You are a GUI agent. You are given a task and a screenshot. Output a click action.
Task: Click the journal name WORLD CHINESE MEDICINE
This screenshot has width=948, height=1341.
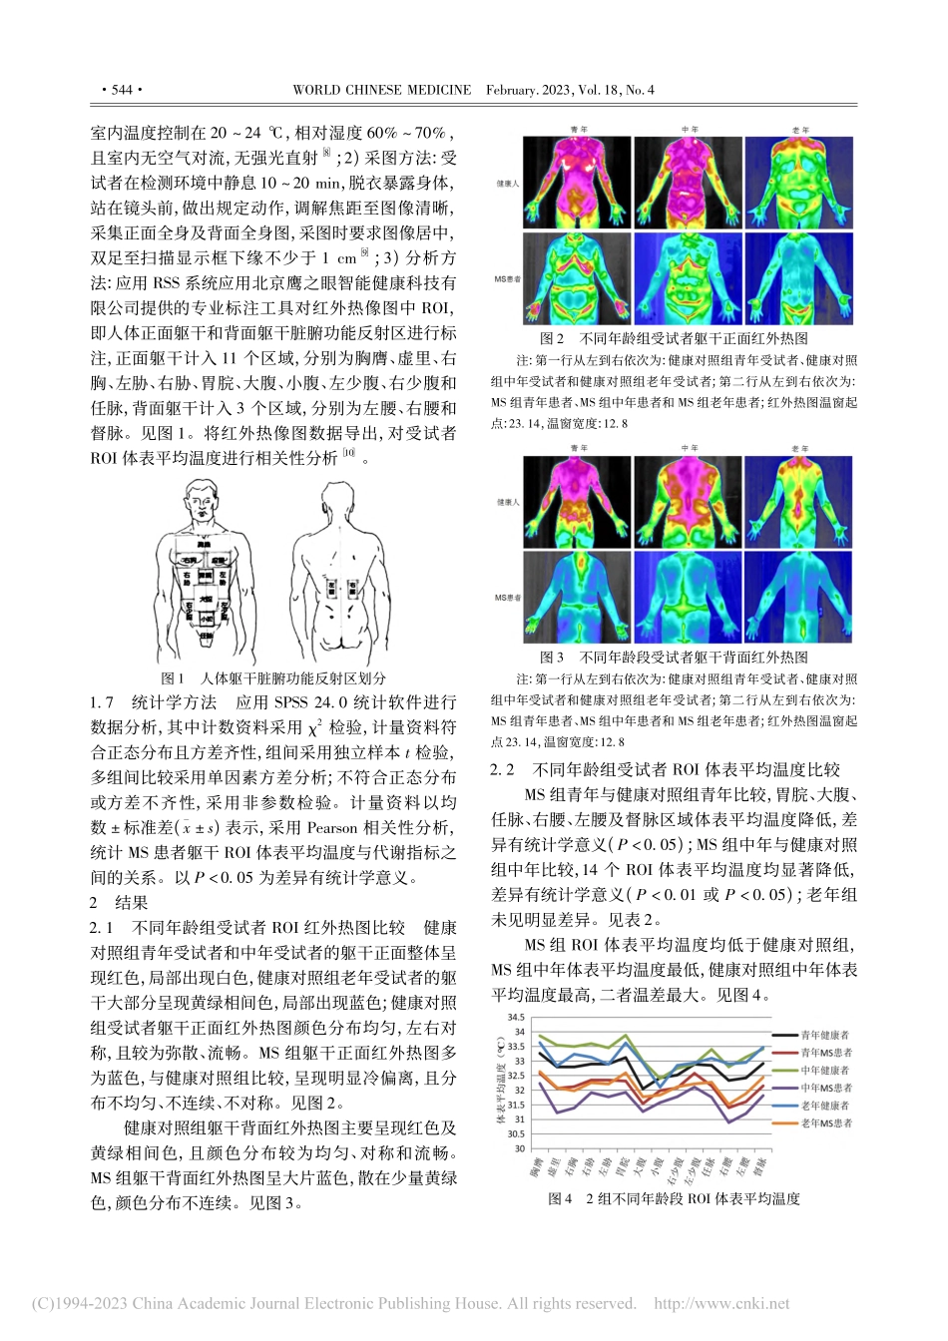[x=381, y=90]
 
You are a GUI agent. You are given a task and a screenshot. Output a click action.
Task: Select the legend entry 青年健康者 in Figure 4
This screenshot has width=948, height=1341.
[x=825, y=1037]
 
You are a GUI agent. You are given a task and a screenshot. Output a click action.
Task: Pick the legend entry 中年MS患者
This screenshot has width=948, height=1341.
[x=825, y=1089]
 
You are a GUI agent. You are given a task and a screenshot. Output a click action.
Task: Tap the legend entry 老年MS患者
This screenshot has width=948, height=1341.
[x=825, y=1123]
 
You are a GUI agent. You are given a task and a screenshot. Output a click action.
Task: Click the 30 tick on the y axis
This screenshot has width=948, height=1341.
[x=519, y=1148]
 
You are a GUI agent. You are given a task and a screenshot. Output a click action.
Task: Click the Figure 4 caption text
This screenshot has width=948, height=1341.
[x=674, y=1198]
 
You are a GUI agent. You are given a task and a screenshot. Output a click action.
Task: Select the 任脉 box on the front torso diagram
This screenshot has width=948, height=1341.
[x=206, y=635]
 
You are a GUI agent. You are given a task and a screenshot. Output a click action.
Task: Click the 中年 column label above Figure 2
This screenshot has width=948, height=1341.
[x=690, y=130]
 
